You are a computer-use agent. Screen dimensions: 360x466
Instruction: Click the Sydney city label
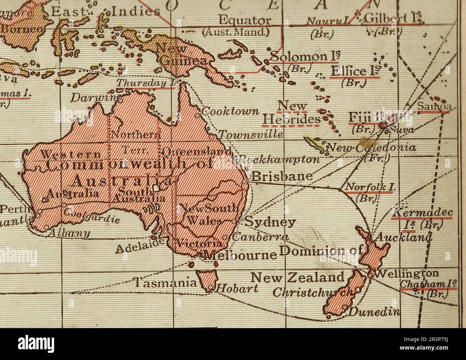point(270,222)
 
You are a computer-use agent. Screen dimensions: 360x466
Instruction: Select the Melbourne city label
point(240,255)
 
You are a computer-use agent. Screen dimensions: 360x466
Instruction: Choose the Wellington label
point(406,273)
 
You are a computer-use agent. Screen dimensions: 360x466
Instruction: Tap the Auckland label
point(403,237)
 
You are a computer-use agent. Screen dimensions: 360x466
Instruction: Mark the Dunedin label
point(374,312)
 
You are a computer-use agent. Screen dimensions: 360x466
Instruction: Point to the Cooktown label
point(230,111)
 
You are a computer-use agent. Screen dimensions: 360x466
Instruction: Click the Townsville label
point(251,135)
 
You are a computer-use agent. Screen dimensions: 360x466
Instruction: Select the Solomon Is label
point(305,57)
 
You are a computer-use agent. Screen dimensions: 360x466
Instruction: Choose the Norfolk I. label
point(368,187)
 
